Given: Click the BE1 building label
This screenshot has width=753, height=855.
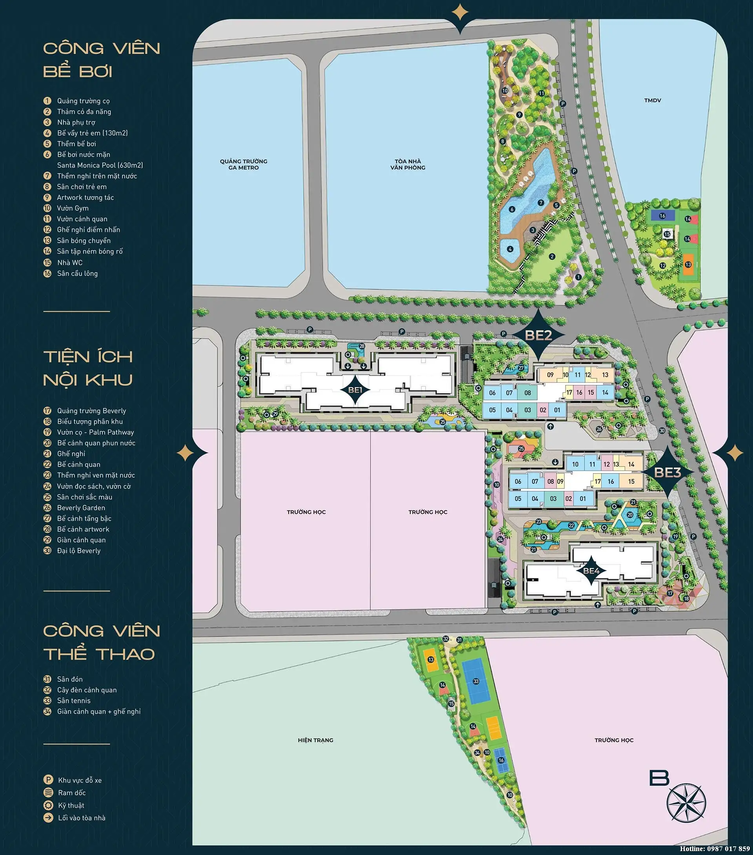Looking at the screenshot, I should pyautogui.click(x=355, y=389).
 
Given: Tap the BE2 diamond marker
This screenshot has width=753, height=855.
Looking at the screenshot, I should pyautogui.click(x=538, y=335).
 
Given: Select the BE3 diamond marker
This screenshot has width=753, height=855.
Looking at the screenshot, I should pyautogui.click(x=667, y=472).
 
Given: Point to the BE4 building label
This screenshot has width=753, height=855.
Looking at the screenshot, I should pyautogui.click(x=591, y=570).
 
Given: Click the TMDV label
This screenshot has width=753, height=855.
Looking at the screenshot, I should pyautogui.click(x=653, y=100).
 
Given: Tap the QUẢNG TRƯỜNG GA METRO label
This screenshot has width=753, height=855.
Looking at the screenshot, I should pyautogui.click(x=244, y=164).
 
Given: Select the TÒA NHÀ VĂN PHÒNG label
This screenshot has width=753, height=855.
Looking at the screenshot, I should pyautogui.click(x=408, y=164).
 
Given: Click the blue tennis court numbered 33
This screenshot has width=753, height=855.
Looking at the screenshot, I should pyautogui.click(x=475, y=681).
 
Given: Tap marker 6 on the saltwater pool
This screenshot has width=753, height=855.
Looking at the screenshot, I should pyautogui.click(x=511, y=209).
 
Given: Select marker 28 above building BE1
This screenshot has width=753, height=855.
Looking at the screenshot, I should pyautogui.click(x=362, y=346).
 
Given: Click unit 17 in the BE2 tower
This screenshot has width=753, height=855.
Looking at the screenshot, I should pyautogui.click(x=569, y=392).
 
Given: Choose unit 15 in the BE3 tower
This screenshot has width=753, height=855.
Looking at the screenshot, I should pyautogui.click(x=631, y=481).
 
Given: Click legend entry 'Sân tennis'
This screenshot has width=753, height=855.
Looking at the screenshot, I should pyautogui.click(x=74, y=701).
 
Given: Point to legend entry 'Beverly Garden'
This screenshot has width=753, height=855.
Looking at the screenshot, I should pyautogui.click(x=81, y=508).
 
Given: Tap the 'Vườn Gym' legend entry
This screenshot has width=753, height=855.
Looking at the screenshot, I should pyautogui.click(x=73, y=208).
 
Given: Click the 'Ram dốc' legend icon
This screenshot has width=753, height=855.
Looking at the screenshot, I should pyautogui.click(x=48, y=793).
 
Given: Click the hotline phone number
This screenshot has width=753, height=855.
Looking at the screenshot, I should pyautogui.click(x=728, y=849).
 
